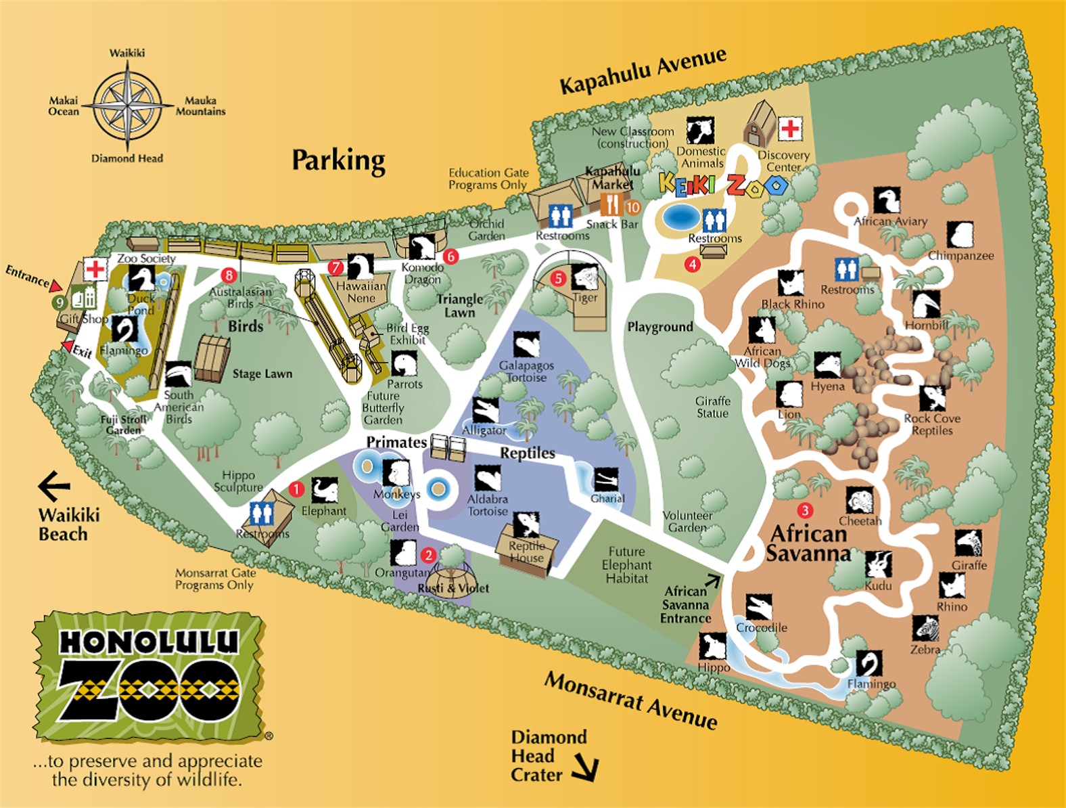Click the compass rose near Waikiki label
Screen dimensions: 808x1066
[x=127, y=106]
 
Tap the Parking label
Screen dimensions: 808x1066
[x=338, y=160]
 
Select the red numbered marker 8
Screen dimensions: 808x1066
[x=229, y=275]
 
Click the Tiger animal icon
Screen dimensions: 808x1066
[x=584, y=277]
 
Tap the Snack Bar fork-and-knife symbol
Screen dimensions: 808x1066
[x=611, y=204]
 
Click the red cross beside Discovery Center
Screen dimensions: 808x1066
[x=789, y=128]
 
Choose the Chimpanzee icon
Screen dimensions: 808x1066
[x=960, y=235]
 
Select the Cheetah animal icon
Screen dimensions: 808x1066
[x=860, y=501]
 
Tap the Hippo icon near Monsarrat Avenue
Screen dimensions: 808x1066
[x=712, y=647]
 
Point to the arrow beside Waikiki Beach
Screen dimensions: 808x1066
[x=54, y=486]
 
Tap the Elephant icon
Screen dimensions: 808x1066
[x=324, y=490]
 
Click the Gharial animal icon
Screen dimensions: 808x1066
[x=606, y=480]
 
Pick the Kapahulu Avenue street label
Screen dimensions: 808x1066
[x=643, y=71]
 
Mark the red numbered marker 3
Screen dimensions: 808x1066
[x=804, y=510]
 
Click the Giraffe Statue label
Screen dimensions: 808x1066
[x=712, y=407]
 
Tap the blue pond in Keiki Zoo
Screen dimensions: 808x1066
[x=680, y=217]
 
